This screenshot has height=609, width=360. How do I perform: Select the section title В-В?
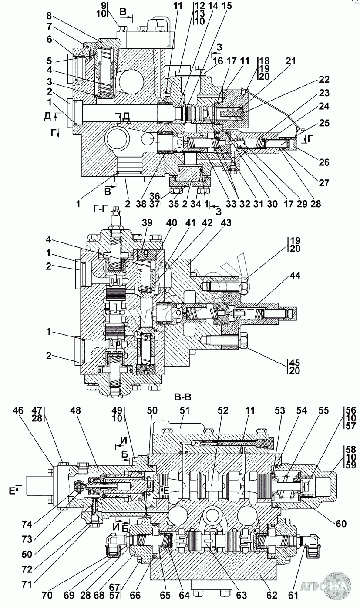[x=183, y=397]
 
